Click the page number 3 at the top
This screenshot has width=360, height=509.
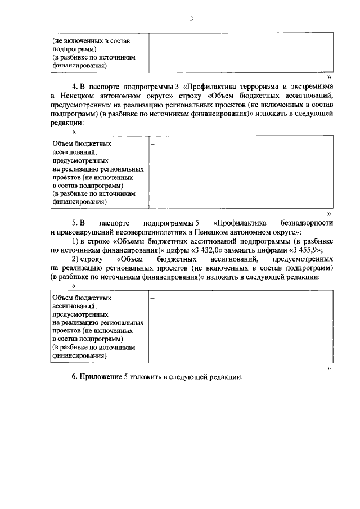point(191,19)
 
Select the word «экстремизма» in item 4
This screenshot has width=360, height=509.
point(311,87)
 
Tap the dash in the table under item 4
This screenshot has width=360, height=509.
point(152,145)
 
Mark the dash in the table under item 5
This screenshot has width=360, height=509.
point(152,299)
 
